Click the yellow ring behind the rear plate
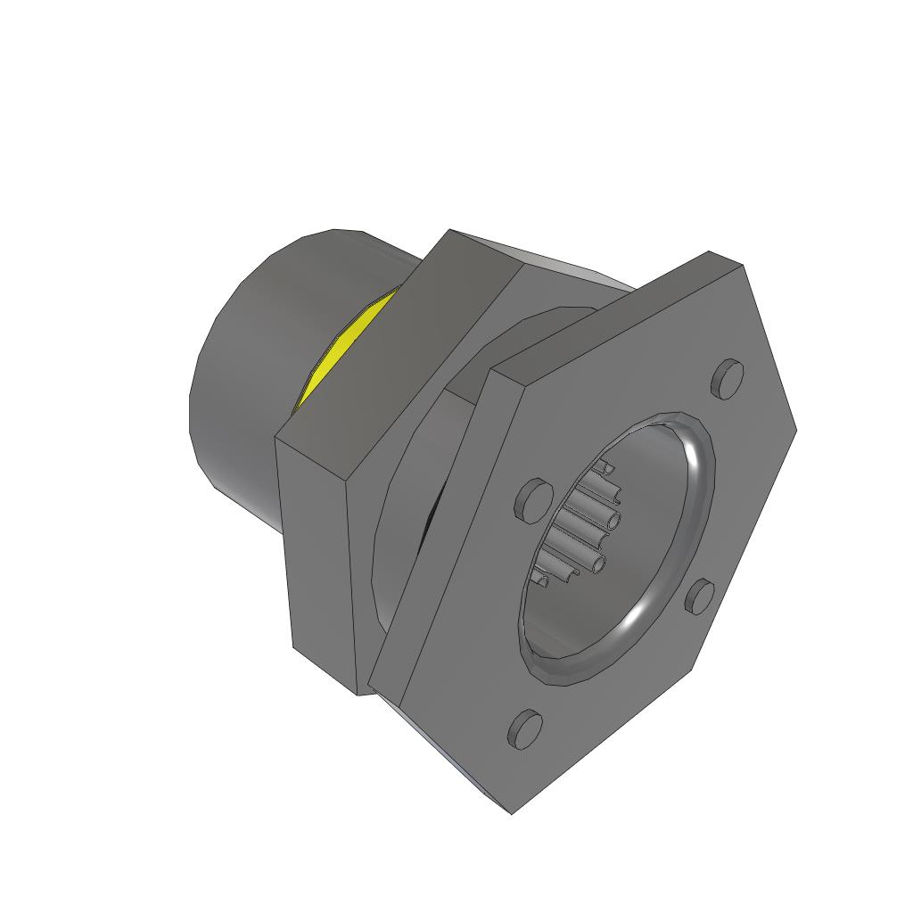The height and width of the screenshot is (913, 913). click(343, 348)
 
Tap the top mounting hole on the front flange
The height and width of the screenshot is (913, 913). click(728, 377)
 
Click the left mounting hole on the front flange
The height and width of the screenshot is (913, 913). click(533, 499)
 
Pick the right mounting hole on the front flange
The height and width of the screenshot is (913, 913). click(701, 596)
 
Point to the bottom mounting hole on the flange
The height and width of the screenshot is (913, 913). click(525, 728)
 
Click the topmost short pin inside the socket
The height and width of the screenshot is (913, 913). click(606, 466)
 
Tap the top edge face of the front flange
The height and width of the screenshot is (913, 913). click(615, 312)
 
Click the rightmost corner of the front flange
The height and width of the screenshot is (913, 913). click(794, 431)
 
